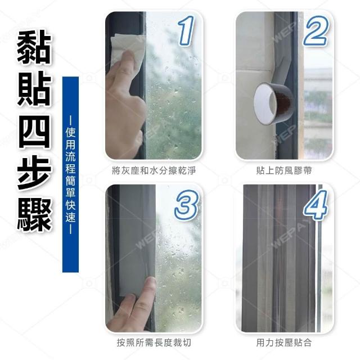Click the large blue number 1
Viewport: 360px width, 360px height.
click(186, 30)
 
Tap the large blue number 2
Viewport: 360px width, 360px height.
click(316, 30)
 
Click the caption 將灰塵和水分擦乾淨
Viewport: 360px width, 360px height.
click(154, 171)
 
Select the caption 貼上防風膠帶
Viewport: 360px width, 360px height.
click(284, 171)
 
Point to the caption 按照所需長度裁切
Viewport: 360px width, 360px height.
click(154, 343)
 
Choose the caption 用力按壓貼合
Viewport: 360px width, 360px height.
click(284, 343)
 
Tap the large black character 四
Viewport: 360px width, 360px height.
click(34, 131)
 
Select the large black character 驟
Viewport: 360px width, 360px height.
click(34, 215)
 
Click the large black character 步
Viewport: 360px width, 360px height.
click(34, 173)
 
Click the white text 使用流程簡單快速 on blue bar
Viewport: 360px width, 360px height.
click(70, 175)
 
